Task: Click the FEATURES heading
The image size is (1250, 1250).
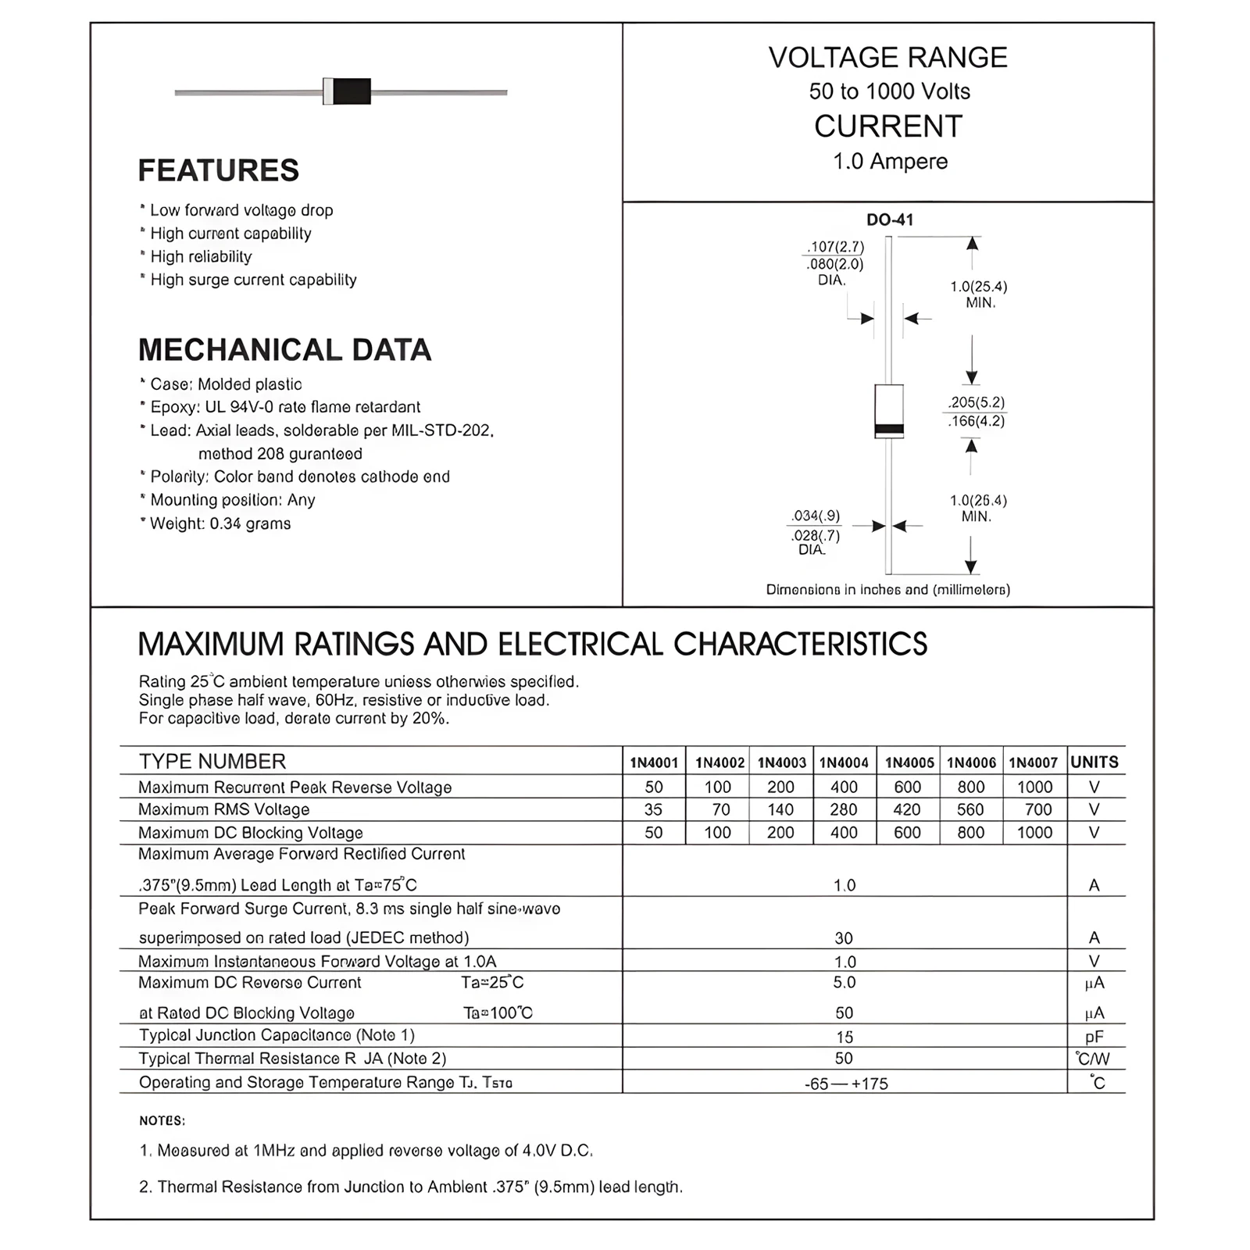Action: coord(218,170)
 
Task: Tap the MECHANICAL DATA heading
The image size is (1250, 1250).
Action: coord(284,350)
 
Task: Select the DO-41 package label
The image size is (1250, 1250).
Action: coord(889,220)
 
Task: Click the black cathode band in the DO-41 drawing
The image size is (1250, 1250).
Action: coord(889,429)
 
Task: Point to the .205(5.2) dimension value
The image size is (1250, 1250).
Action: coord(977,402)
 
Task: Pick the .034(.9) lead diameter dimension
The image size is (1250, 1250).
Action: coord(816,516)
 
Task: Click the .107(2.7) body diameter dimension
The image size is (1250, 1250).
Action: coord(835,247)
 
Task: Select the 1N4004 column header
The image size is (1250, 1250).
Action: coord(844,762)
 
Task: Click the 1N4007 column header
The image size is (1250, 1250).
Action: coord(1033,762)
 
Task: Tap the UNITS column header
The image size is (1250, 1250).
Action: coord(1095,762)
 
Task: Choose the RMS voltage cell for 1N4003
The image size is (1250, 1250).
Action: coord(780,810)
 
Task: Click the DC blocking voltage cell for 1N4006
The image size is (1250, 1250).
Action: coord(970,833)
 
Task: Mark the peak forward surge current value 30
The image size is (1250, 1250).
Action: coord(844,937)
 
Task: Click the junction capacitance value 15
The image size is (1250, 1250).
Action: coord(845,1037)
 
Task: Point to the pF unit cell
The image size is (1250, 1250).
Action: coord(1095,1037)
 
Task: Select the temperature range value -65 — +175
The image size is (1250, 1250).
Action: coord(846,1084)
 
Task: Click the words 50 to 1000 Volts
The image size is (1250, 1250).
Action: coord(889,91)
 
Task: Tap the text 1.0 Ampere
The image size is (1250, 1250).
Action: coord(890,162)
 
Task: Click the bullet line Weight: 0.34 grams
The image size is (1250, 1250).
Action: coord(220,523)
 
